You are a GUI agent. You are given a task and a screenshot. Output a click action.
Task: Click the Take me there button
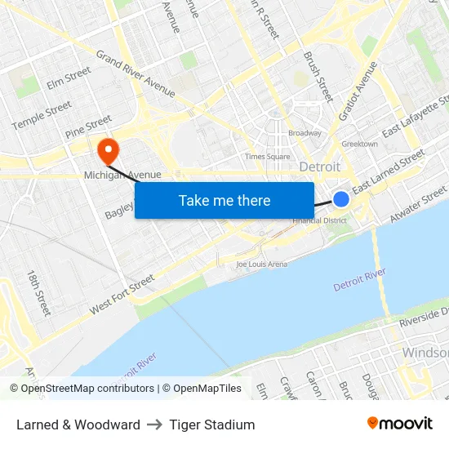(x=224, y=200)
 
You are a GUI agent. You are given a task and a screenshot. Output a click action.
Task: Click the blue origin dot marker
(x=341, y=199)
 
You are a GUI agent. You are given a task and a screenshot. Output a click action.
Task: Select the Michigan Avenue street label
(x=122, y=175)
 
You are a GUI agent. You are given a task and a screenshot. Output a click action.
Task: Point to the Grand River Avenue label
(x=136, y=73)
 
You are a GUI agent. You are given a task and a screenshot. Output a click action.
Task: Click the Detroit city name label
(x=320, y=167)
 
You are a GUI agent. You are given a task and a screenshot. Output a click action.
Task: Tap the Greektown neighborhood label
(x=359, y=144)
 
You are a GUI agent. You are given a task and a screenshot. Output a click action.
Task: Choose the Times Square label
(x=268, y=156)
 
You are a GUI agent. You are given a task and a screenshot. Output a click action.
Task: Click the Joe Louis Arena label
(x=261, y=264)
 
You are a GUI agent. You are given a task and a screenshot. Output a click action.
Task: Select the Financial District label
(x=320, y=220)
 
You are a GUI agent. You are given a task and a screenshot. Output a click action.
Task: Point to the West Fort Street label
(x=122, y=295)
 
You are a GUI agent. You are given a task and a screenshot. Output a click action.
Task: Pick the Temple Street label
(x=42, y=114)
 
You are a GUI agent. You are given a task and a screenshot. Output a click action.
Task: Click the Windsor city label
(x=425, y=353)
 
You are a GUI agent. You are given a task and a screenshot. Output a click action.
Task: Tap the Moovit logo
(x=399, y=424)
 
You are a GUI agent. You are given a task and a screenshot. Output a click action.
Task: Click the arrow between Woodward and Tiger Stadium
(x=155, y=425)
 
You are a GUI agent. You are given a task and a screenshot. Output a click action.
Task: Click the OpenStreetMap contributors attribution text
(x=82, y=389)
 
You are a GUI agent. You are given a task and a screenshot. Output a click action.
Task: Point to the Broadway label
(x=305, y=133)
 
